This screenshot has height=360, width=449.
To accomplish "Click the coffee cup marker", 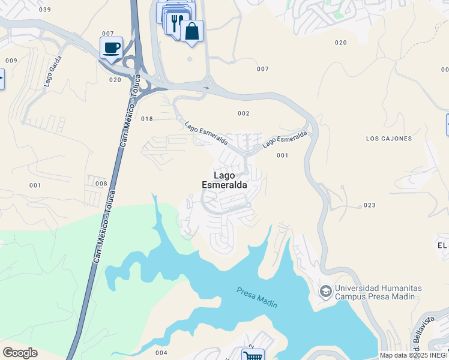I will pos(111,47).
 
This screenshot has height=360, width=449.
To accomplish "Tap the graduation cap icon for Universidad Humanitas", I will pos(325,292).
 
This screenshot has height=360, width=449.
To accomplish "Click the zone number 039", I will pos(44,10).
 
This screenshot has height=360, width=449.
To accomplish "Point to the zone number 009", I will pos(11,61).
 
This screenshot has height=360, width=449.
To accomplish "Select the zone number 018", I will pos(147,119).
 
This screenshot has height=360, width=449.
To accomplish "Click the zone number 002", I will pos(243,113).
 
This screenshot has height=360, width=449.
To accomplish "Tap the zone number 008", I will pos(101,184).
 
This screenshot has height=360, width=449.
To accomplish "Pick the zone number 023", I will pos(369,205).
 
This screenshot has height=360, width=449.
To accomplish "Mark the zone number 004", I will pos(161,352).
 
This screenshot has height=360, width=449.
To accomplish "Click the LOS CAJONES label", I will pos(389,139).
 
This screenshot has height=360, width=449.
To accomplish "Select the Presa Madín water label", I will pos(257,298).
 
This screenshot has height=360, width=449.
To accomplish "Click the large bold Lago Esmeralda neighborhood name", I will pos(223,181).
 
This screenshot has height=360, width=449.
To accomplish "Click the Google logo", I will pos(20,353).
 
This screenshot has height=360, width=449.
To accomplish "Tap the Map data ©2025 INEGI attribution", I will pos(414,355).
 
